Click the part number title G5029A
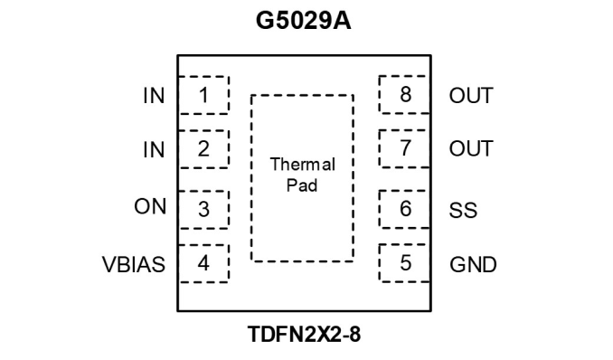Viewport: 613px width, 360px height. tap(304, 21)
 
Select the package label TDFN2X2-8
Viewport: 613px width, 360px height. tap(304, 334)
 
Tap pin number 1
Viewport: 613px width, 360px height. tap(203, 95)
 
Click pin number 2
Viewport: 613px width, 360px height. tap(203, 148)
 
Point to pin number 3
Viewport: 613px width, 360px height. tap(203, 209)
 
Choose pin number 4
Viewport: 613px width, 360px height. tap(203, 263)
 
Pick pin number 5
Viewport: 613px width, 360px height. tap(406, 262)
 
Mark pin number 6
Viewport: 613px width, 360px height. tap(405, 209)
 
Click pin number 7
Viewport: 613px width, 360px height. tap(405, 148)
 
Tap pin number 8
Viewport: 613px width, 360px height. tap(405, 94)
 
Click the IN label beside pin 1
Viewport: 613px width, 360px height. tap(154, 96)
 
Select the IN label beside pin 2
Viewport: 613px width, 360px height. tap(154, 150)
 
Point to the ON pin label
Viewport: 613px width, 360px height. tap(150, 206)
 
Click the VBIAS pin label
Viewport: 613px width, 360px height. tap(134, 264)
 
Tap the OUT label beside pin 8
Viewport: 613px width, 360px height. tap(471, 96)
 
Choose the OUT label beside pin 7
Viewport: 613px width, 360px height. tap(471, 149)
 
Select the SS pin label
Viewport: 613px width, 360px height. tap(463, 210)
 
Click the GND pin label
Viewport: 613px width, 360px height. tap(473, 264)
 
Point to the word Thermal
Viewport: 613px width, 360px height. tap(303, 165)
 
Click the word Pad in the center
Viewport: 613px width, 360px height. tap(302, 185)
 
